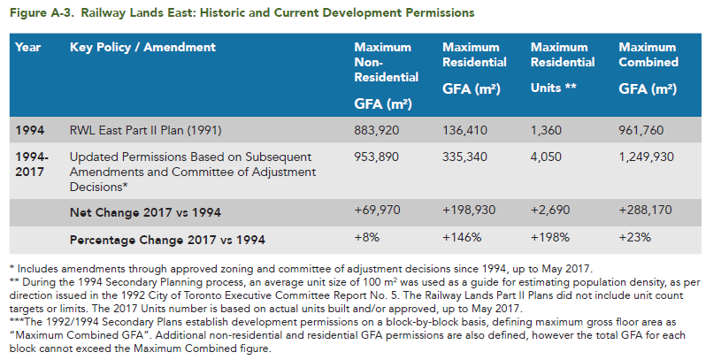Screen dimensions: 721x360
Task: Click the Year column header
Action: [x=27, y=48]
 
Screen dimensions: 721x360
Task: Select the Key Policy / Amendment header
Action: [x=142, y=48]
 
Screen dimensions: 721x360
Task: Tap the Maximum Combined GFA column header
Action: [x=648, y=68]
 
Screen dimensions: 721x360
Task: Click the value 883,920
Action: [x=377, y=131]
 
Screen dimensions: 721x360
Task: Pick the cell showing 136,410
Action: [x=464, y=131]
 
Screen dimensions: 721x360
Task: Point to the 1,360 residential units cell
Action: [x=546, y=131]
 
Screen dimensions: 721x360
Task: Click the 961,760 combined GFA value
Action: [x=641, y=131]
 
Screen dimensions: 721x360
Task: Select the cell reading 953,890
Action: [x=377, y=157]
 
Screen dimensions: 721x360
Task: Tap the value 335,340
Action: [x=464, y=157]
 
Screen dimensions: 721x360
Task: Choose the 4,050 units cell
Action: [x=546, y=157]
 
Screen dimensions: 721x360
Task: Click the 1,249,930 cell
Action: [x=646, y=157]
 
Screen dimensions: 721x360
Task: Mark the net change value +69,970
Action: [x=377, y=211]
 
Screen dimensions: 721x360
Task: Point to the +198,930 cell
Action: [x=469, y=211]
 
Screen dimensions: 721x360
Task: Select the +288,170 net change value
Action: [x=645, y=211]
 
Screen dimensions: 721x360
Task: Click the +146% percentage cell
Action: [x=462, y=238]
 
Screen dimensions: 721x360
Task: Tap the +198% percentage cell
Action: [x=550, y=238]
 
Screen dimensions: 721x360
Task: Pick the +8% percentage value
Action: [x=365, y=238]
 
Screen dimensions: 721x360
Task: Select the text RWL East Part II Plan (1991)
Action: [x=145, y=131]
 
